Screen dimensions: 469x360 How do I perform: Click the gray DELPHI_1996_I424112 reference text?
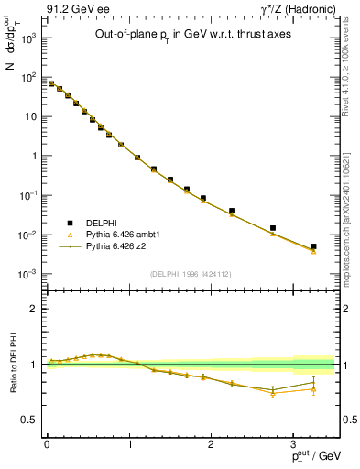point(190,273)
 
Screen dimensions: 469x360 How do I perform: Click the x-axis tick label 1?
point(129,442)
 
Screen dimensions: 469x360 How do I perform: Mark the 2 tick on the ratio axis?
point(34,309)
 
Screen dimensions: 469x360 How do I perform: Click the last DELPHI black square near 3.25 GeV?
point(313,246)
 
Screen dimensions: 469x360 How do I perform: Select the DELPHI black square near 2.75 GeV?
point(273,228)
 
